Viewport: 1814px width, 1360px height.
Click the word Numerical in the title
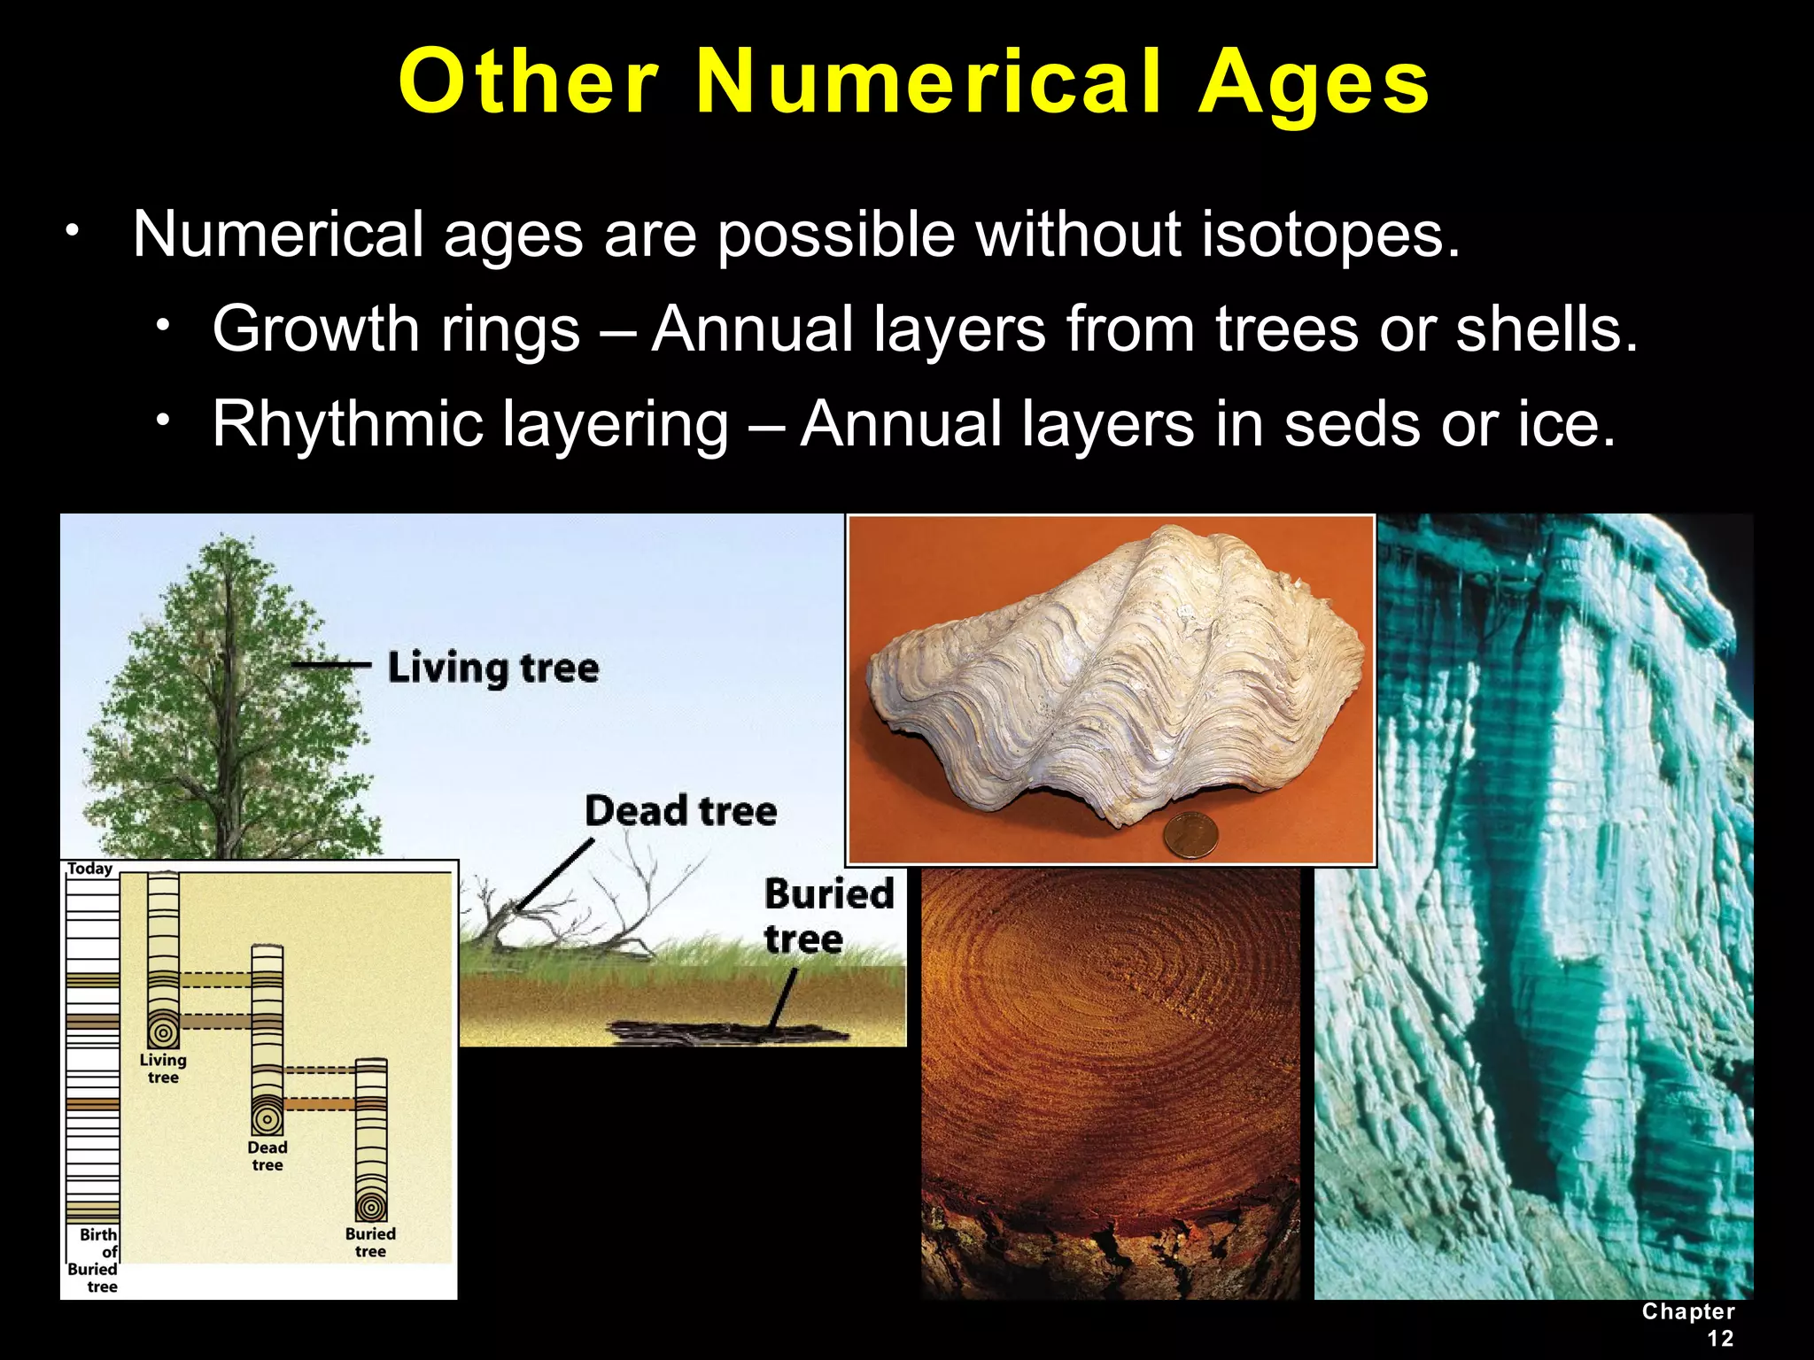pyautogui.click(x=928, y=82)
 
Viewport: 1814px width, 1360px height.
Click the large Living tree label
pyautogui.click(x=492, y=668)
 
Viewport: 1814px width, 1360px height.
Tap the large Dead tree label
pyautogui.click(x=680, y=811)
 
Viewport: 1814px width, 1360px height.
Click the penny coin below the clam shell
pyautogui.click(x=1190, y=835)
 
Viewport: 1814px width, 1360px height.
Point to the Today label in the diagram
pyautogui.click(x=90, y=869)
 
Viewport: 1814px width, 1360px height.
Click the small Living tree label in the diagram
pyautogui.click(x=163, y=1068)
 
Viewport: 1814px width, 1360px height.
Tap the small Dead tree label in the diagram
pyautogui.click(x=267, y=1155)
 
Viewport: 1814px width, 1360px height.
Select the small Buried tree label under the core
pyautogui.click(x=370, y=1242)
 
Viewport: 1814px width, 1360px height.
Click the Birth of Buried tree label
pyautogui.click(x=94, y=1260)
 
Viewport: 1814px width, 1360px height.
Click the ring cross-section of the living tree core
pyautogui.click(x=163, y=1032)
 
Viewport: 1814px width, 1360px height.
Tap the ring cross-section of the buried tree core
pyautogui.click(x=371, y=1207)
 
